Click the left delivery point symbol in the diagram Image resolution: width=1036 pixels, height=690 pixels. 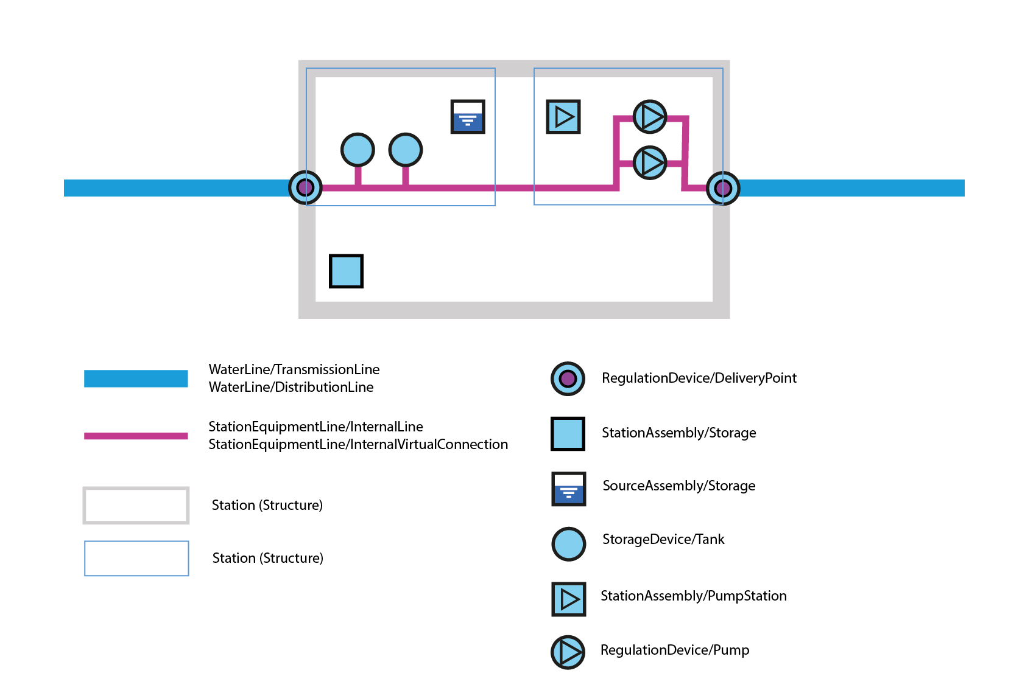click(305, 187)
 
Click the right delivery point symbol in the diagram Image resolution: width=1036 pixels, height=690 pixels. click(723, 188)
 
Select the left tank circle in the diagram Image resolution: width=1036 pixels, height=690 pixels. click(358, 150)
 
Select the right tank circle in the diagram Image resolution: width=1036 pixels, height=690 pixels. click(406, 150)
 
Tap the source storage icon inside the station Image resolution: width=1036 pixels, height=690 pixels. click(468, 117)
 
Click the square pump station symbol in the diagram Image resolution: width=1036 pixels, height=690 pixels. click(563, 117)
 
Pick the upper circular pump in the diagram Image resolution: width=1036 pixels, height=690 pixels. click(650, 116)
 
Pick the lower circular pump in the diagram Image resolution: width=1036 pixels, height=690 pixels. click(650, 162)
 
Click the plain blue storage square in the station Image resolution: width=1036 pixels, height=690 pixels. click(346, 271)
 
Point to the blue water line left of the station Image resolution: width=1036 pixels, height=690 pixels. click(177, 188)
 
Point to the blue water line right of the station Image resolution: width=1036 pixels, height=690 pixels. click(853, 188)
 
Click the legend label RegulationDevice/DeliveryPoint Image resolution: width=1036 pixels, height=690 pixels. click(699, 378)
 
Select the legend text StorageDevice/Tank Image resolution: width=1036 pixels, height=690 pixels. click(663, 540)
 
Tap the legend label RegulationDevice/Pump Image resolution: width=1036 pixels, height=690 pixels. click(674, 650)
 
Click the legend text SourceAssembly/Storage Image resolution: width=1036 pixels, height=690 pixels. click(678, 486)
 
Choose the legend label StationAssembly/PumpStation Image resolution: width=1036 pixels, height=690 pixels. click(693, 596)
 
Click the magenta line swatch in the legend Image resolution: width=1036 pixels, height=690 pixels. click(136, 436)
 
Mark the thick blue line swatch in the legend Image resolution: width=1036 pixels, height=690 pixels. click(136, 378)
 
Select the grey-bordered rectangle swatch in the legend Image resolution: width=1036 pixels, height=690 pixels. click(136, 505)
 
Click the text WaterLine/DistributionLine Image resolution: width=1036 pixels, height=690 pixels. click(291, 388)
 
